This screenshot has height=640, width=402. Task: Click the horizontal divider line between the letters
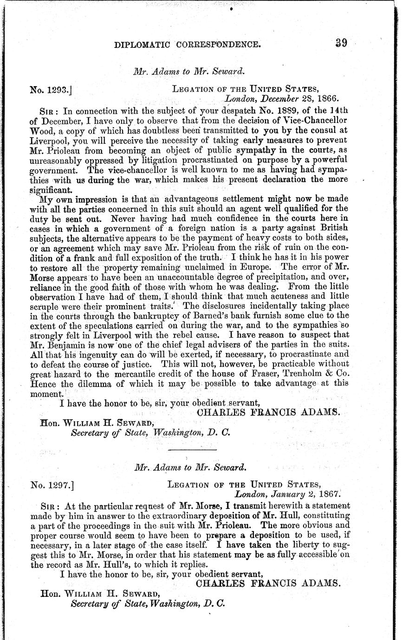coord(192,450)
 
